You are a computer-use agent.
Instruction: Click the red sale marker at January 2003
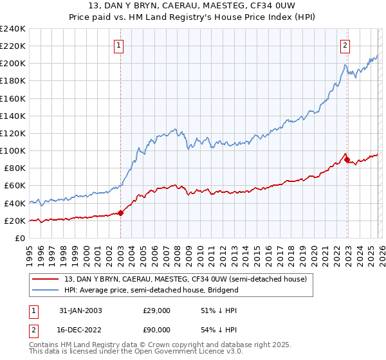point(120,213)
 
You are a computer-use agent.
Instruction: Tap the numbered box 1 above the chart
point(120,45)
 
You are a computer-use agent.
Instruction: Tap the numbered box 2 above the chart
point(345,45)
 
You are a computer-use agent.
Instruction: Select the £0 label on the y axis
point(19,238)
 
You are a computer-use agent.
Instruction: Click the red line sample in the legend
point(47,279)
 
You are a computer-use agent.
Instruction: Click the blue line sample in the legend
point(47,290)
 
